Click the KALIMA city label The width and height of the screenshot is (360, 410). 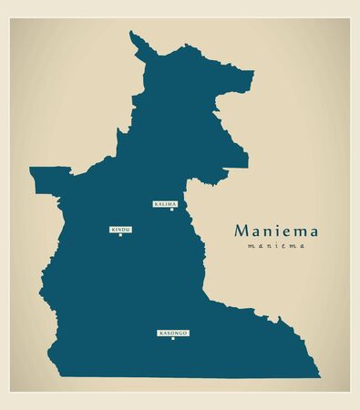click(x=165, y=204)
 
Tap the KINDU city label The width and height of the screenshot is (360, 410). click(x=120, y=229)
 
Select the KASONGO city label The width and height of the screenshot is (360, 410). click(x=172, y=333)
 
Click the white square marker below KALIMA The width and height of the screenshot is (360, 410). click(x=171, y=210)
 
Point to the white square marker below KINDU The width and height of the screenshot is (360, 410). click(x=120, y=235)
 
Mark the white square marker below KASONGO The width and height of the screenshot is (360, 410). click(x=172, y=339)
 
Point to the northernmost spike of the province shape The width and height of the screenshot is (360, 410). click(x=133, y=34)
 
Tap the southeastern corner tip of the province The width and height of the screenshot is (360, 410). click(x=320, y=373)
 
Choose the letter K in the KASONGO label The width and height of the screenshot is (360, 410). click(x=160, y=333)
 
